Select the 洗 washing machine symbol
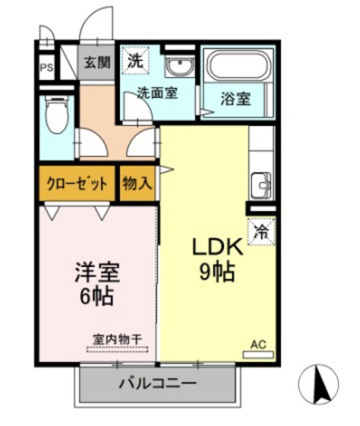(135, 61)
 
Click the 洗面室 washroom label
(157, 94)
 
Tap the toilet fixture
(56, 115)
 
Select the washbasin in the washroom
(180, 68)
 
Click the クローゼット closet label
(77, 184)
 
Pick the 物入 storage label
(138, 183)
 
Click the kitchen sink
(261, 183)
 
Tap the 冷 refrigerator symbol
(261, 231)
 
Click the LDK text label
(216, 247)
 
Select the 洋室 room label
(97, 272)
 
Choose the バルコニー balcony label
(158, 383)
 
